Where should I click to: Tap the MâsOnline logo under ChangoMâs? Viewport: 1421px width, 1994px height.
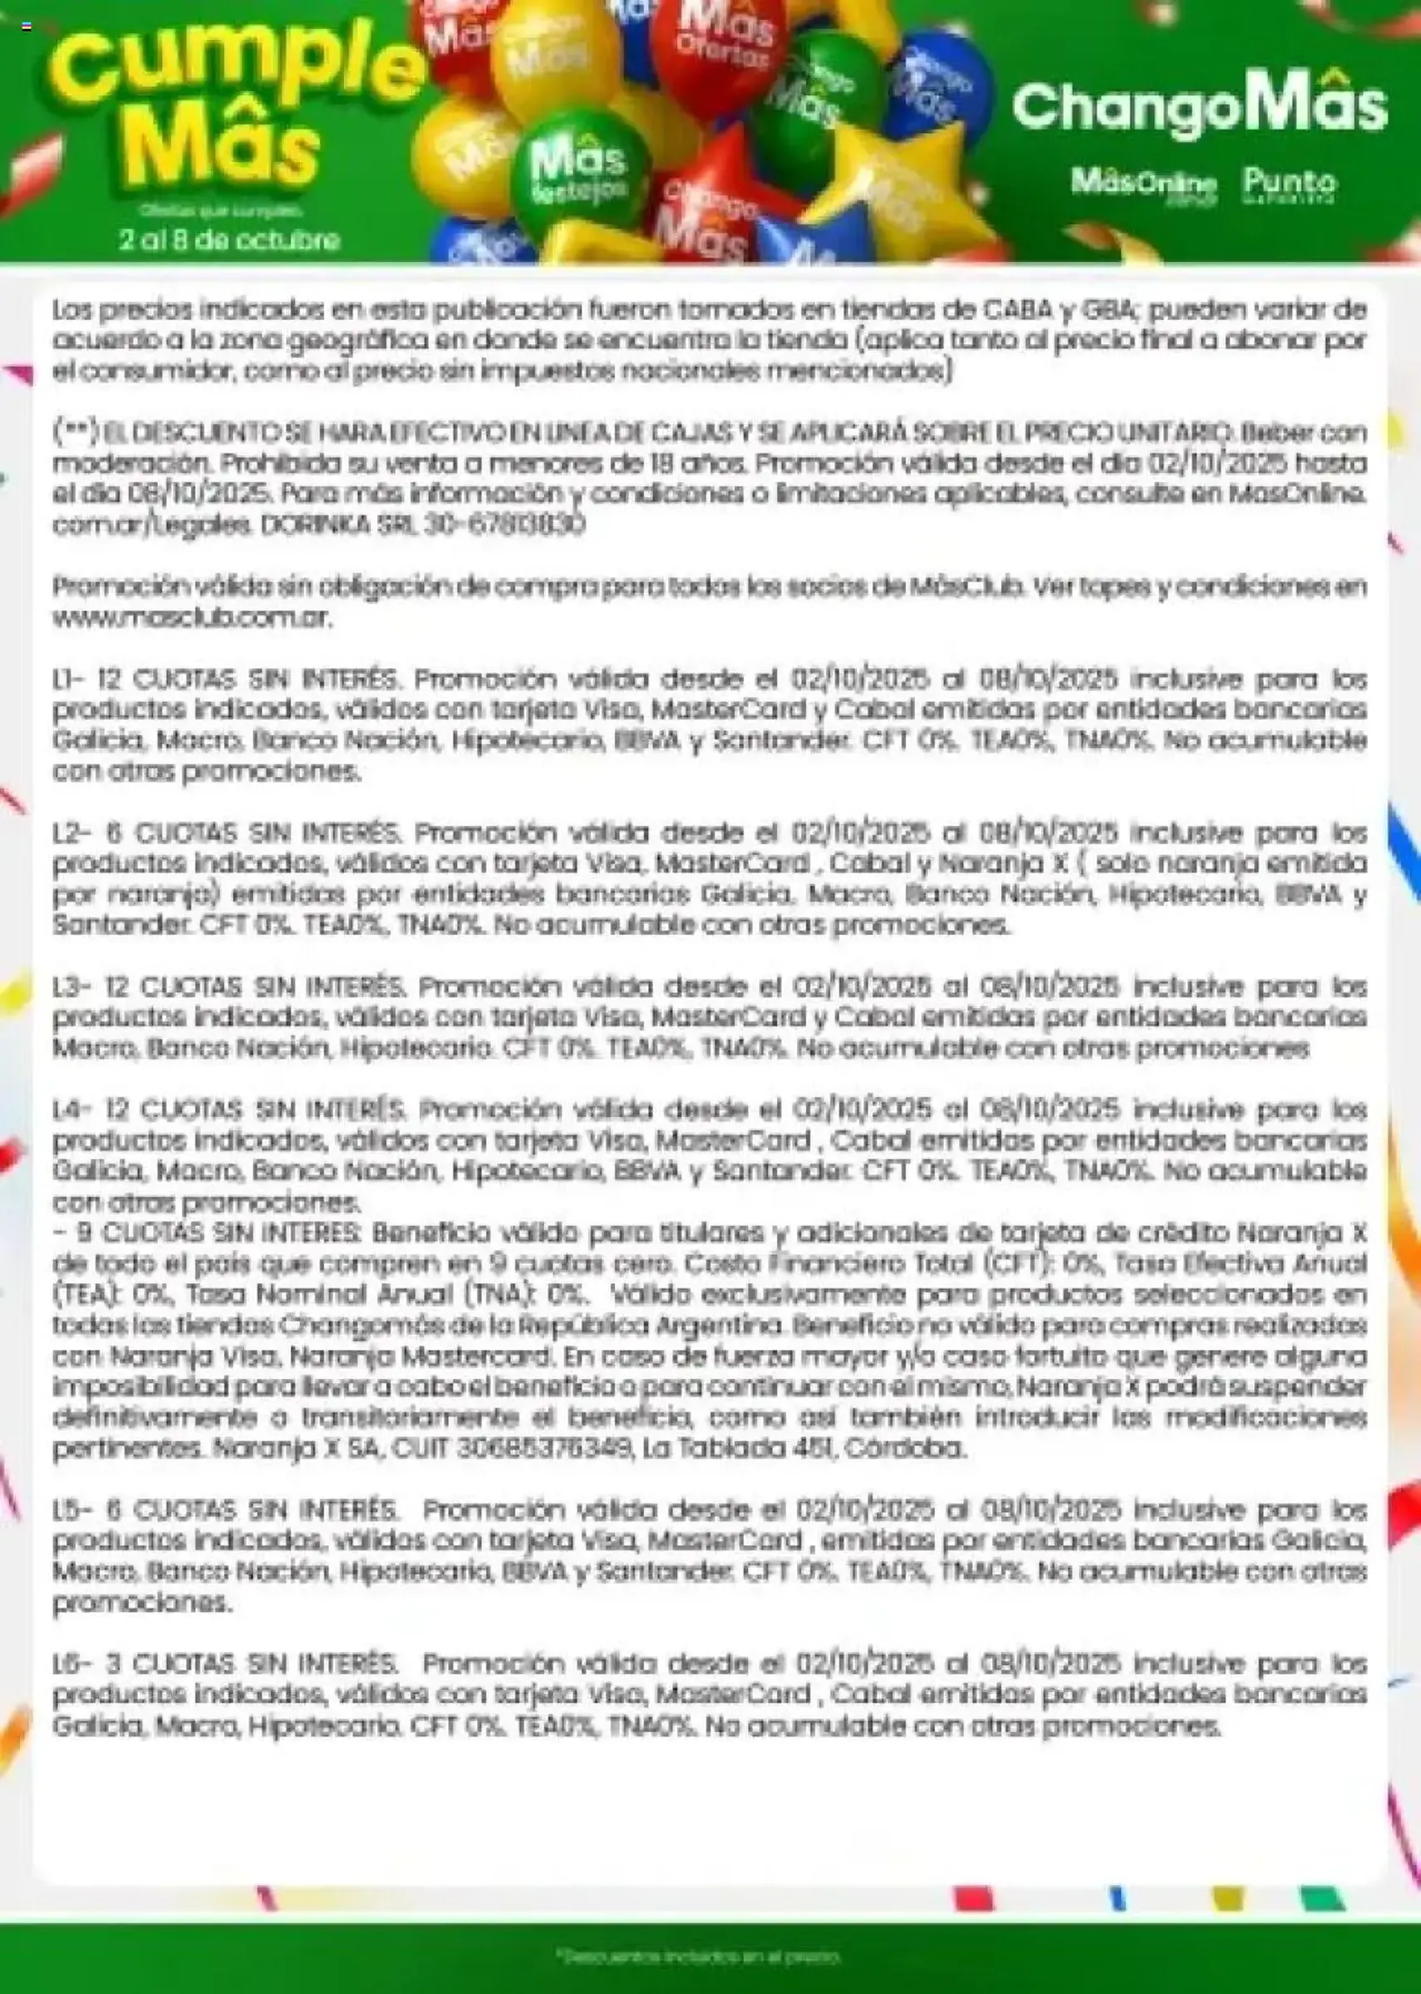point(1143,183)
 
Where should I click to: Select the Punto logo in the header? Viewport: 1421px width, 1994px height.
point(1289,183)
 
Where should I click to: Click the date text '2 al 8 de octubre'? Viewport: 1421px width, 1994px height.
point(229,239)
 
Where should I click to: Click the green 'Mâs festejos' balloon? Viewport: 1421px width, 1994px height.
point(579,170)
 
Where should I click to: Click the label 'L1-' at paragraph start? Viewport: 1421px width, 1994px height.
point(67,680)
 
